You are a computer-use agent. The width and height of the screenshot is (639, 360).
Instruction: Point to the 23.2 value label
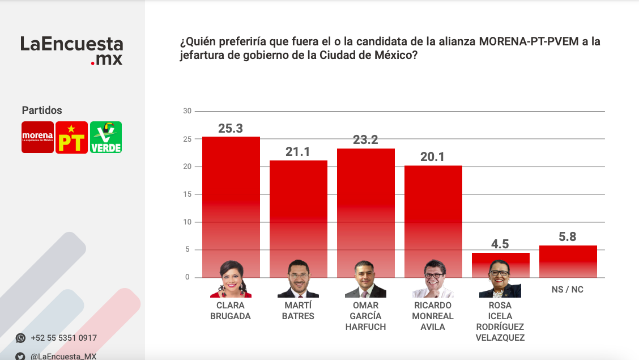click(365, 140)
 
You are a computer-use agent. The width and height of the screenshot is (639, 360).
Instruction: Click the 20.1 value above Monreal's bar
click(433, 157)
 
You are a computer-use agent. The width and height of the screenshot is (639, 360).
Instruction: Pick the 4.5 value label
click(500, 244)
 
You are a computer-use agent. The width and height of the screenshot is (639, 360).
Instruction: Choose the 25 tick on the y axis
click(187, 139)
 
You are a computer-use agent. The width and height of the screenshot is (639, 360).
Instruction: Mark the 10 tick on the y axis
click(187, 222)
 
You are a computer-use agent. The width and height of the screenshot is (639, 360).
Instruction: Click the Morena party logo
click(38, 137)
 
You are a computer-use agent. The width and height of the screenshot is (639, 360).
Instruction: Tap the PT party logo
click(72, 137)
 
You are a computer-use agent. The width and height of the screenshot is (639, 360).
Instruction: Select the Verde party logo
click(106, 137)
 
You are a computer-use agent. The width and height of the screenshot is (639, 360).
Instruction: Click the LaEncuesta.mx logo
click(71, 50)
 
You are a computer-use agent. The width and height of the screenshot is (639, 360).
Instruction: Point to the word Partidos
click(42, 111)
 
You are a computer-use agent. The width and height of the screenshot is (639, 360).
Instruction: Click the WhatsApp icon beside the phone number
click(21, 338)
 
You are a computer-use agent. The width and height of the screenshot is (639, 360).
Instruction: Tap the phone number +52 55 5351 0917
click(64, 338)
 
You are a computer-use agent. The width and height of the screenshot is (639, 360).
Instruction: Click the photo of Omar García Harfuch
click(365, 279)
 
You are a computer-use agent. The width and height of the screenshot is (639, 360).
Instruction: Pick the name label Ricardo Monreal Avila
click(433, 316)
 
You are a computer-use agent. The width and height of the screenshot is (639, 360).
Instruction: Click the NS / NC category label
click(568, 290)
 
